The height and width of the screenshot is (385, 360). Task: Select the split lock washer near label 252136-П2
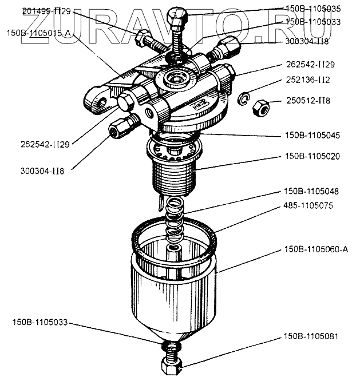(244, 100)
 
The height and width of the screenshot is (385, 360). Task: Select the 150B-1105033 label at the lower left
(39, 323)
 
